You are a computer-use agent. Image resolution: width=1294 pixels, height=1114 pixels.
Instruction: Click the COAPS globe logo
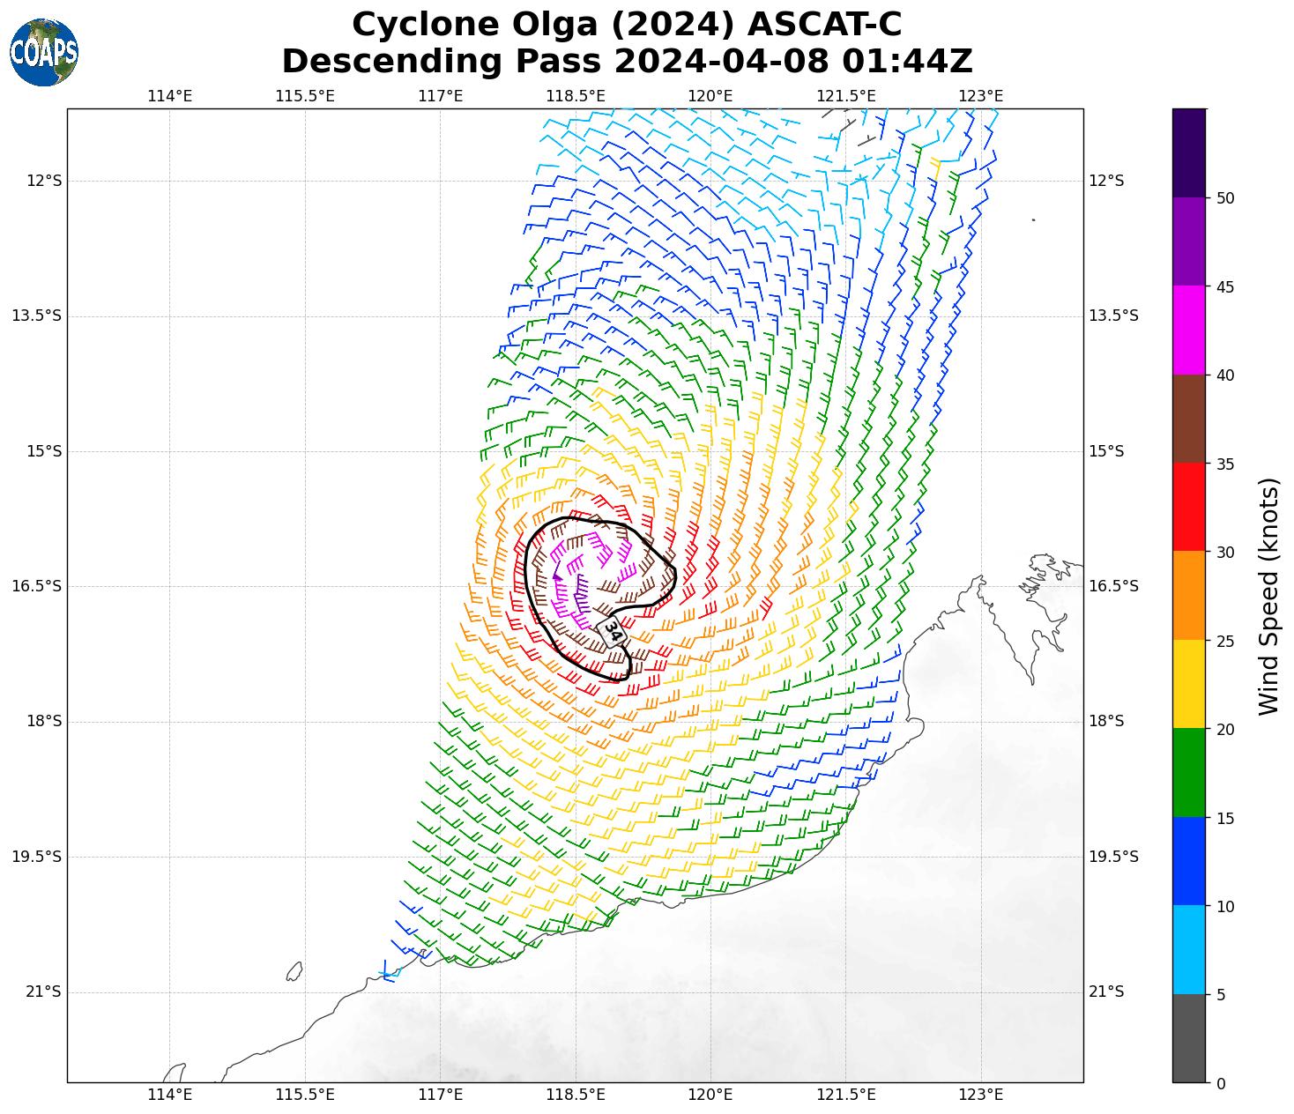click(x=44, y=52)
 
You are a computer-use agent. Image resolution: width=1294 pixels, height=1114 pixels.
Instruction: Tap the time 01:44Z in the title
click(x=907, y=62)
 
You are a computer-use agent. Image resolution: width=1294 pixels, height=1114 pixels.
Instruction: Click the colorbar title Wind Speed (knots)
click(x=1268, y=596)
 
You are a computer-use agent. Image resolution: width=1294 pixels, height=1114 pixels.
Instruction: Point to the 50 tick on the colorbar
click(x=1224, y=198)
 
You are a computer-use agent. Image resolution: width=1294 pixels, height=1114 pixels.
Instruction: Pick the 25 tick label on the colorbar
click(x=1224, y=641)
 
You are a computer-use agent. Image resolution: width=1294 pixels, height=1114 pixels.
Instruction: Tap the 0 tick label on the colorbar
click(x=1220, y=1083)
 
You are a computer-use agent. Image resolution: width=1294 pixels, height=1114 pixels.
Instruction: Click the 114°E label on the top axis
click(x=169, y=96)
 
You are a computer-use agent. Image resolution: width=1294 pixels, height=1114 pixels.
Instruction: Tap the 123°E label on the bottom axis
click(x=981, y=1095)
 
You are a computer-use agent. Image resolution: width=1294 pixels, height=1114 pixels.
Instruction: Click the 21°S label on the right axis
click(x=1106, y=992)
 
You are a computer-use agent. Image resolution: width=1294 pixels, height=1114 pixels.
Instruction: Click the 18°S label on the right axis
click(x=1106, y=722)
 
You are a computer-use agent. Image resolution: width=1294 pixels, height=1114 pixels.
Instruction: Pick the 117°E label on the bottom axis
click(x=441, y=1095)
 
